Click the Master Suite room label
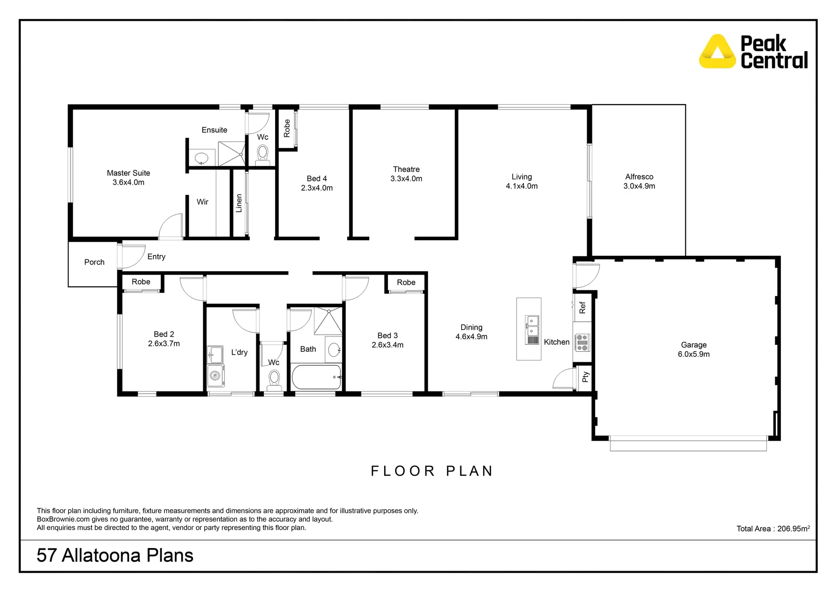tap(128, 173)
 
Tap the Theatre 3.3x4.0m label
tap(406, 174)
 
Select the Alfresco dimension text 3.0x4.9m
tap(639, 186)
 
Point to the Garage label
tap(693, 345)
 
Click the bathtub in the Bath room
tap(316, 377)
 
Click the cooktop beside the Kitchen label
tap(582, 343)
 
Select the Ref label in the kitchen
tap(582, 308)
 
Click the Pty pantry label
tap(585, 377)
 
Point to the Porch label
tap(94, 262)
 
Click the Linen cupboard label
tap(239, 203)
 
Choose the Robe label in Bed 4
tap(287, 128)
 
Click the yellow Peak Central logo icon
tap(717, 52)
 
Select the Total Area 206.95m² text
tap(773, 528)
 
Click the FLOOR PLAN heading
tap(432, 471)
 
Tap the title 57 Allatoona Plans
tap(115, 555)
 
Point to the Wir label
tap(202, 202)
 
